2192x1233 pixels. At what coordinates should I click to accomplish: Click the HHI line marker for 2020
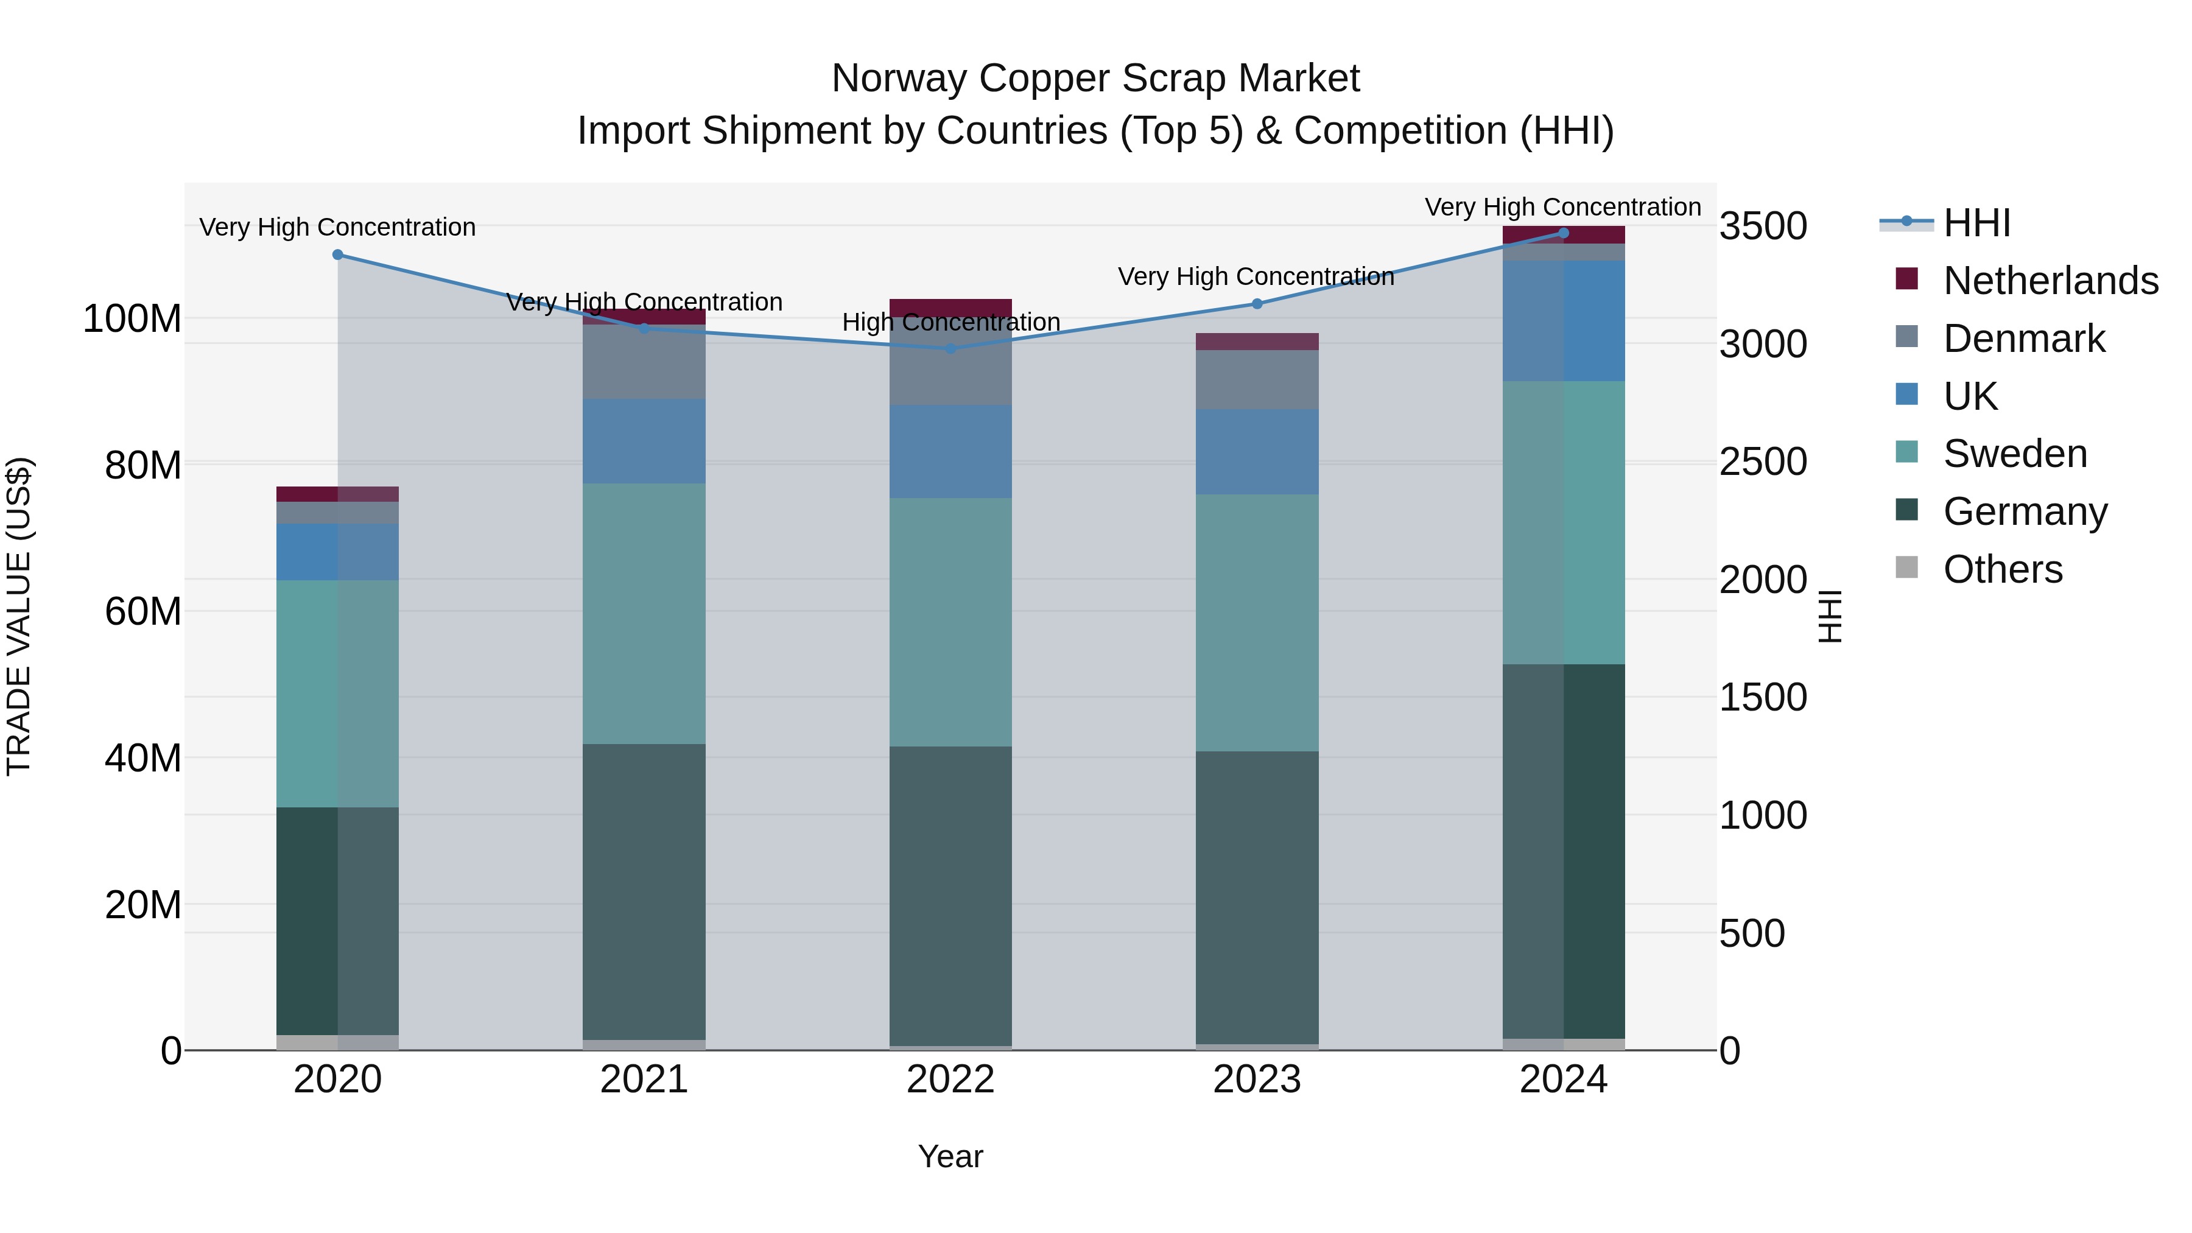338,255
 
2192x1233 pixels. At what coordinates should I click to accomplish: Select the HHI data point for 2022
951,348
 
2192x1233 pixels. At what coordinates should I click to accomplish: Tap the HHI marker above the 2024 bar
1563,233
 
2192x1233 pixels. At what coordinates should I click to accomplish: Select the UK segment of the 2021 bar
644,441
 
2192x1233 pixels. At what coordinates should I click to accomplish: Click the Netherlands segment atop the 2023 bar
1257,341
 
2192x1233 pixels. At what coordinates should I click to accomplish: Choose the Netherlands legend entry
2050,281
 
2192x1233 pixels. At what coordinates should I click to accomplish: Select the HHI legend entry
1976,223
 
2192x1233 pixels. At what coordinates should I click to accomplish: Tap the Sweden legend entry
2014,454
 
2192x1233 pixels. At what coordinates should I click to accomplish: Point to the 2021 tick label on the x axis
644,1080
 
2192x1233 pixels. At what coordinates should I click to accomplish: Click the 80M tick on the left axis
143,465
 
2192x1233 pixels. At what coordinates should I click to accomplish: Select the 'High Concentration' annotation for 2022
950,323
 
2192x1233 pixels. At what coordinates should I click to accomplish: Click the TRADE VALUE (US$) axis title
19,616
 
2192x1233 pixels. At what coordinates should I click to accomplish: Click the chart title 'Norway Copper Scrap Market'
1095,79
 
